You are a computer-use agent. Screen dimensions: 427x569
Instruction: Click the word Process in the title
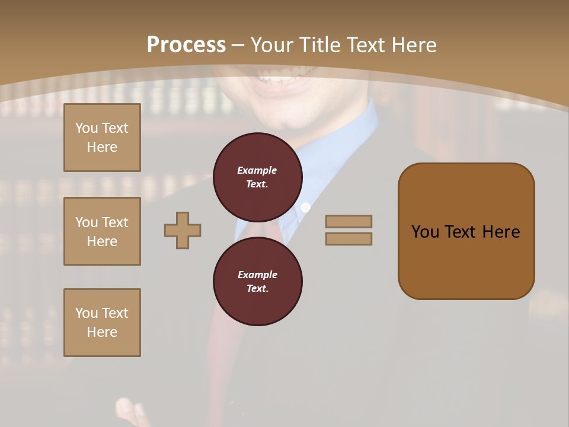point(186,45)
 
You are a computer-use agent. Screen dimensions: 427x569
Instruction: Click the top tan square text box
point(102,138)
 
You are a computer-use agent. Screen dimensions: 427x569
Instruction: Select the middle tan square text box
point(102,231)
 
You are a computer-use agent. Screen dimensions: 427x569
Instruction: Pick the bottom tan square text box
point(102,323)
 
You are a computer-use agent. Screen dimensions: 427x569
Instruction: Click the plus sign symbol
point(183,230)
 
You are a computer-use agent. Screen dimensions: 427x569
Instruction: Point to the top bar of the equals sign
point(349,221)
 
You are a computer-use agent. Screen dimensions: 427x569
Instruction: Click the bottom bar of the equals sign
point(349,238)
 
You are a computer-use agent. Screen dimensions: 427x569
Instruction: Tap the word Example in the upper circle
point(257,170)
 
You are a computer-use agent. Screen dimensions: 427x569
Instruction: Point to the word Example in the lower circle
point(257,275)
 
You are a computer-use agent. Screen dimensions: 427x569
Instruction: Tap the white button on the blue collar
point(306,207)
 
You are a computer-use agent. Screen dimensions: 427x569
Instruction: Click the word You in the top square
point(87,128)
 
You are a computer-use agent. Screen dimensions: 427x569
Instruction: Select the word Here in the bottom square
point(102,332)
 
